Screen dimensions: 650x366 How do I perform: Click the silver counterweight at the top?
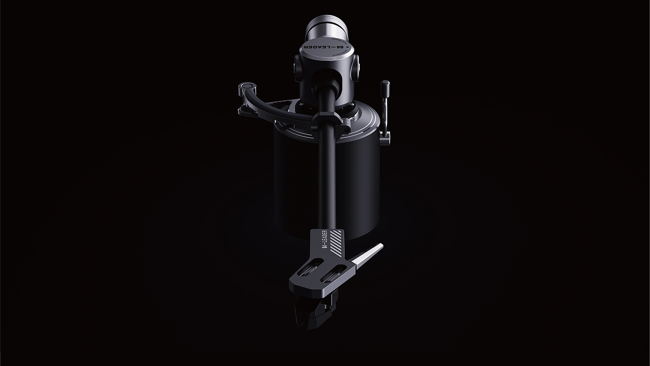pyautogui.click(x=326, y=29)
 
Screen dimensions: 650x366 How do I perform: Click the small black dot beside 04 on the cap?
pyautogui.click(x=347, y=47)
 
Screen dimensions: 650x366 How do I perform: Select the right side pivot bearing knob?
pyautogui.click(x=356, y=68)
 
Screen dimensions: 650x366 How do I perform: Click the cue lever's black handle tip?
pyautogui.click(x=385, y=86)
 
